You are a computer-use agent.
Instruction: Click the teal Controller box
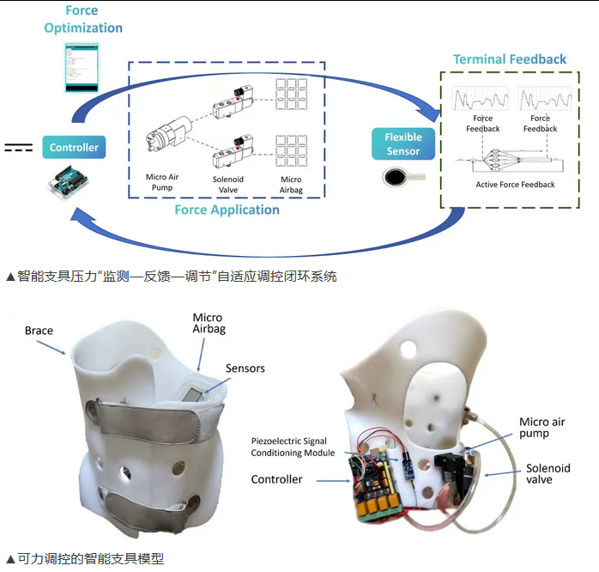(74, 147)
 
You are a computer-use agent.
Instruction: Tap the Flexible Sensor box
(402, 143)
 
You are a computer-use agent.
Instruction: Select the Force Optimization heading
(83, 20)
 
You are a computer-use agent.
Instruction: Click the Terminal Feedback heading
(510, 59)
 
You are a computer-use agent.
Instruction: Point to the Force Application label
(227, 210)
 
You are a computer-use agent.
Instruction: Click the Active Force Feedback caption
(515, 185)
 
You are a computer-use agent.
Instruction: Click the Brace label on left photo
(39, 331)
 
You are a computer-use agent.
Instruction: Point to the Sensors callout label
(245, 368)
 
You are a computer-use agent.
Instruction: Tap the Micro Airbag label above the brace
(208, 324)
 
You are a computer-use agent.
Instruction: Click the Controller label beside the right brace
(276, 479)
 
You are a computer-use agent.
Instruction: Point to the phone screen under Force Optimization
(82, 68)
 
